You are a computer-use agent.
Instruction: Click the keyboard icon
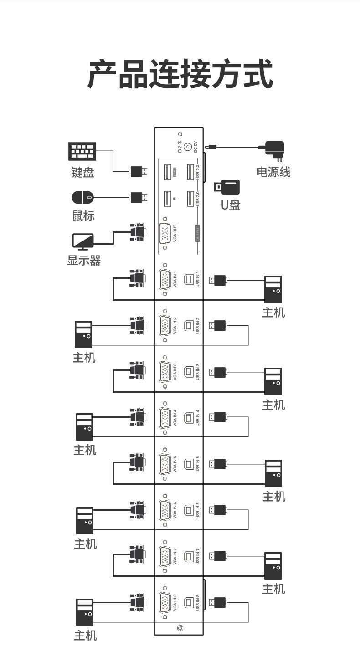point(82,152)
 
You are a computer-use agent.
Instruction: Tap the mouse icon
point(82,198)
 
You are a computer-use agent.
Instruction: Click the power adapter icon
point(274,150)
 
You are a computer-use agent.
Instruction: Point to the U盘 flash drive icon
point(227,187)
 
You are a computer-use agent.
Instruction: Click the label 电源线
point(273,172)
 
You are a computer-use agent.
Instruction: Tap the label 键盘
point(82,173)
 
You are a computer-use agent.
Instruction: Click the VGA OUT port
point(165,234)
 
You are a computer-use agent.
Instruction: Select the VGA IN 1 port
point(165,279)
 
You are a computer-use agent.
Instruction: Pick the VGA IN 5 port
point(165,464)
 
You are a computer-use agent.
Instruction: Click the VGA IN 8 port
point(165,602)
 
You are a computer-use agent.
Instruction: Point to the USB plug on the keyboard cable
point(138,171)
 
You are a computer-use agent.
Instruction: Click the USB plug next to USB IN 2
point(218,325)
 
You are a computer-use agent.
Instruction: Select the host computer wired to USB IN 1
point(273,289)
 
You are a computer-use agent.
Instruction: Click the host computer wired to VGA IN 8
point(85,612)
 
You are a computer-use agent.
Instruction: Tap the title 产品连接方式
point(180,74)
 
